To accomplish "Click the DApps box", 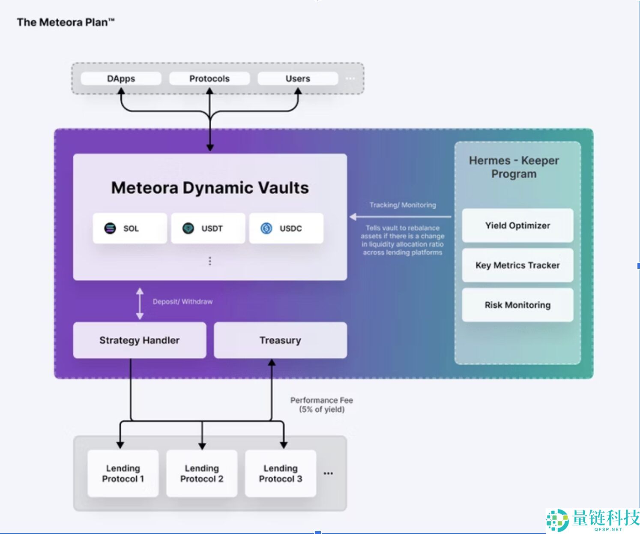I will pyautogui.click(x=121, y=79).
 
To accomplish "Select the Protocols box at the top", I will pyautogui.click(x=209, y=79).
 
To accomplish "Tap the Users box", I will pyautogui.click(x=298, y=79).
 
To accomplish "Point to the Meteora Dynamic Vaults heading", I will pyautogui.click(x=210, y=188).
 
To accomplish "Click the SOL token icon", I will pyautogui.click(x=110, y=228).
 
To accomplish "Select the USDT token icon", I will pyautogui.click(x=188, y=228).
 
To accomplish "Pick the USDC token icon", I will pyautogui.click(x=266, y=228).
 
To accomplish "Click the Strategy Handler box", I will pyautogui.click(x=140, y=340).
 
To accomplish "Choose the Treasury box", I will pyautogui.click(x=280, y=340).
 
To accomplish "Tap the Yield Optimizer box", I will pyautogui.click(x=517, y=225).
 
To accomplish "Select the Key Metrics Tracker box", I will pyautogui.click(x=517, y=265).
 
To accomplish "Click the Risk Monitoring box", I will pyautogui.click(x=517, y=305).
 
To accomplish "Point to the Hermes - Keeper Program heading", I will pyautogui.click(x=514, y=167).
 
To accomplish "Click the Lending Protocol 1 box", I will pyautogui.click(x=123, y=474).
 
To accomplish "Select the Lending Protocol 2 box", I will pyautogui.click(x=202, y=474).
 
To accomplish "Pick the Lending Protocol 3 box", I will pyautogui.click(x=281, y=474).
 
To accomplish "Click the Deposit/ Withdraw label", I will pyautogui.click(x=182, y=302).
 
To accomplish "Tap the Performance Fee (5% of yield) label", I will pyautogui.click(x=322, y=405).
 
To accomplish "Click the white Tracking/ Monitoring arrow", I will pyautogui.click(x=401, y=217).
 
